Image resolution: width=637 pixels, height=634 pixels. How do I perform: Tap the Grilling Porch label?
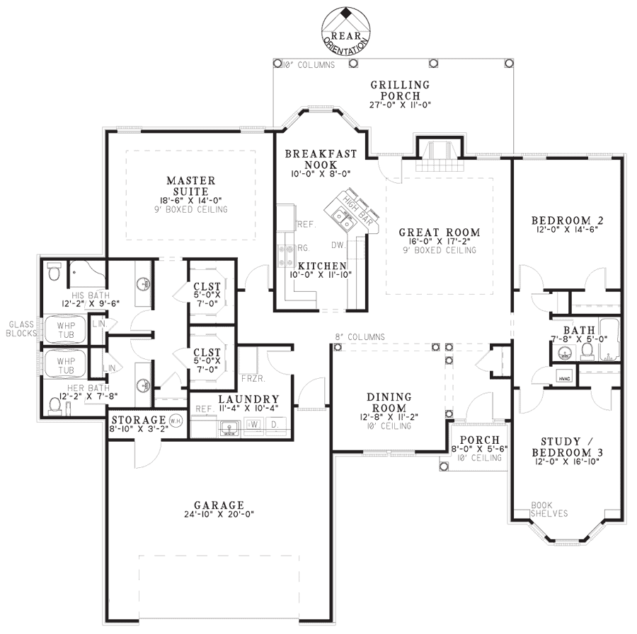pos(400,90)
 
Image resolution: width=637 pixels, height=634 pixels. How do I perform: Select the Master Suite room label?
pos(191,186)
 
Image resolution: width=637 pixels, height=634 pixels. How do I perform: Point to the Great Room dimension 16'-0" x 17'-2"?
pos(440,241)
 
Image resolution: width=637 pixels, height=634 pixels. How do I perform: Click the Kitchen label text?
pos(322,266)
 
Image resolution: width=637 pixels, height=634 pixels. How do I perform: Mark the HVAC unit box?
pos(565,377)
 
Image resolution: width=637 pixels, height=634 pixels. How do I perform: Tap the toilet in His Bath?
pos(54,271)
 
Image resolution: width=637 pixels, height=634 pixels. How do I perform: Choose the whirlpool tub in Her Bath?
pos(66,365)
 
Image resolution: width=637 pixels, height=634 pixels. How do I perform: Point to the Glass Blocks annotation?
pos(21,329)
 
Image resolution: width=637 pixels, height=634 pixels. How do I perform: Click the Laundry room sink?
pos(229,427)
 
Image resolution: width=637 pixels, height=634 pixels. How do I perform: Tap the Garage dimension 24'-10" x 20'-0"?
pos(219,515)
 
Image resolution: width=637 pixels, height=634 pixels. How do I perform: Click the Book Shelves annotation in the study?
pos(549,510)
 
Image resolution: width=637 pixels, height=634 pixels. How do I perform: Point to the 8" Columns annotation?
pos(360,337)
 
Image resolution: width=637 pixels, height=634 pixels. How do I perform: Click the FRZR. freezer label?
pos(252,378)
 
